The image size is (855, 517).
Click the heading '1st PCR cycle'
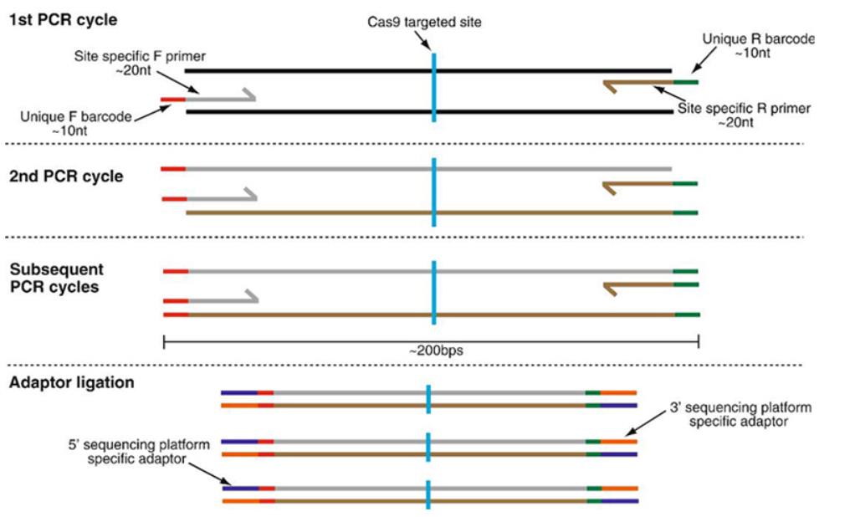click(62, 18)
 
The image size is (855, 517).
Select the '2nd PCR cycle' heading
click(66, 177)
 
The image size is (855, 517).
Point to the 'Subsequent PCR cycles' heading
click(57, 278)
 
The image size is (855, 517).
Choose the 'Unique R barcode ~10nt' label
click(757, 45)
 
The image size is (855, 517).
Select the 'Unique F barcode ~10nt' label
click(76, 124)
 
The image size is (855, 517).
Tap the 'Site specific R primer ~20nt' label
click(745, 115)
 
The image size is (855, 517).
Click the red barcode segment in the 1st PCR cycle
click(172, 99)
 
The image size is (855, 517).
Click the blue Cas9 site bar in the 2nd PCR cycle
click(433, 192)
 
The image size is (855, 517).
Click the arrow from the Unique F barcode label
click(148, 109)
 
